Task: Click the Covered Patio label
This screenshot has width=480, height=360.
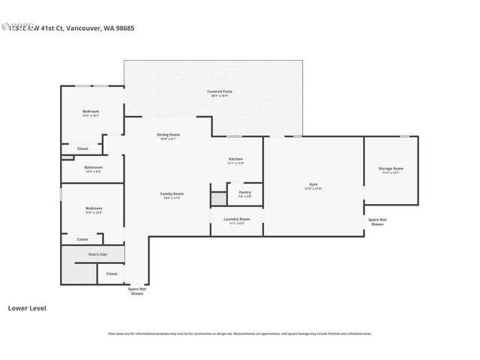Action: [x=220, y=91]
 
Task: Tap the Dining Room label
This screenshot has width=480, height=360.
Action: [x=169, y=135]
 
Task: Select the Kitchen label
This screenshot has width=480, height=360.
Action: [x=235, y=160]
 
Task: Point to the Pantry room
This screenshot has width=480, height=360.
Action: [x=244, y=193]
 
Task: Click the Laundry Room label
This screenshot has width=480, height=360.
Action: [x=236, y=220]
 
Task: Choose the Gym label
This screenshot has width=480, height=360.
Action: [x=313, y=184]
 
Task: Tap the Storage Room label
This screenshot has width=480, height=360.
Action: [x=391, y=169]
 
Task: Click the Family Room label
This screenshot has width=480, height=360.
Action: [x=172, y=194]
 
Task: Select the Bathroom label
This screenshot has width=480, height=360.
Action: [x=93, y=168]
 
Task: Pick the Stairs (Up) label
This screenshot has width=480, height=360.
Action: [x=97, y=254]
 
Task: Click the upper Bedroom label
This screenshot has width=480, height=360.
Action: [x=91, y=112]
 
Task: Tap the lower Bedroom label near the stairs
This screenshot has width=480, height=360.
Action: [x=93, y=208]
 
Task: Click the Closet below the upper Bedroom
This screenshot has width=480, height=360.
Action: [x=82, y=148]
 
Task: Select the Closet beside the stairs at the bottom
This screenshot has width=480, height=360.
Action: [x=111, y=274]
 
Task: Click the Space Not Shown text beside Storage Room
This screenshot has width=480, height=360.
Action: [x=377, y=222]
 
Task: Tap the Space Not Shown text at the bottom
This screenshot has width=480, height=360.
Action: [x=136, y=291]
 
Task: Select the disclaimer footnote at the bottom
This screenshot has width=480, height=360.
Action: [x=239, y=334]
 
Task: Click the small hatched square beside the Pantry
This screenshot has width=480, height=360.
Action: [x=217, y=199]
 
